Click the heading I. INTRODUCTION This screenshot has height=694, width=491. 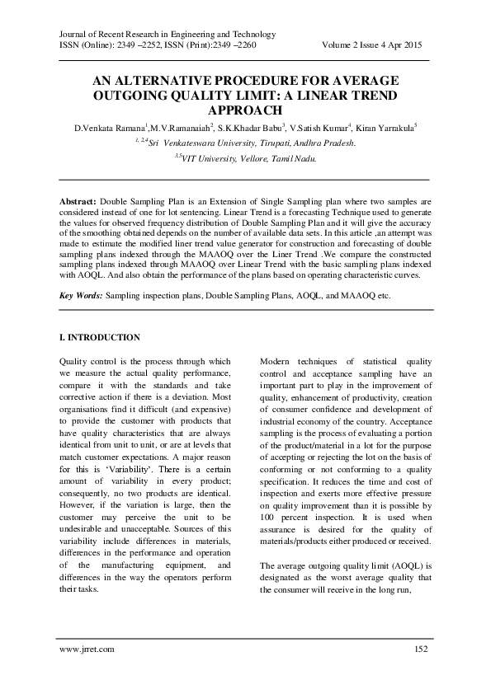(x=100, y=338)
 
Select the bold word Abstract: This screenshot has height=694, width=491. (x=78, y=201)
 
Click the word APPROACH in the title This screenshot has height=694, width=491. (x=245, y=109)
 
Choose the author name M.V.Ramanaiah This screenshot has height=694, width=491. (x=180, y=128)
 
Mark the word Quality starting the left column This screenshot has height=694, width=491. (x=75, y=361)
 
